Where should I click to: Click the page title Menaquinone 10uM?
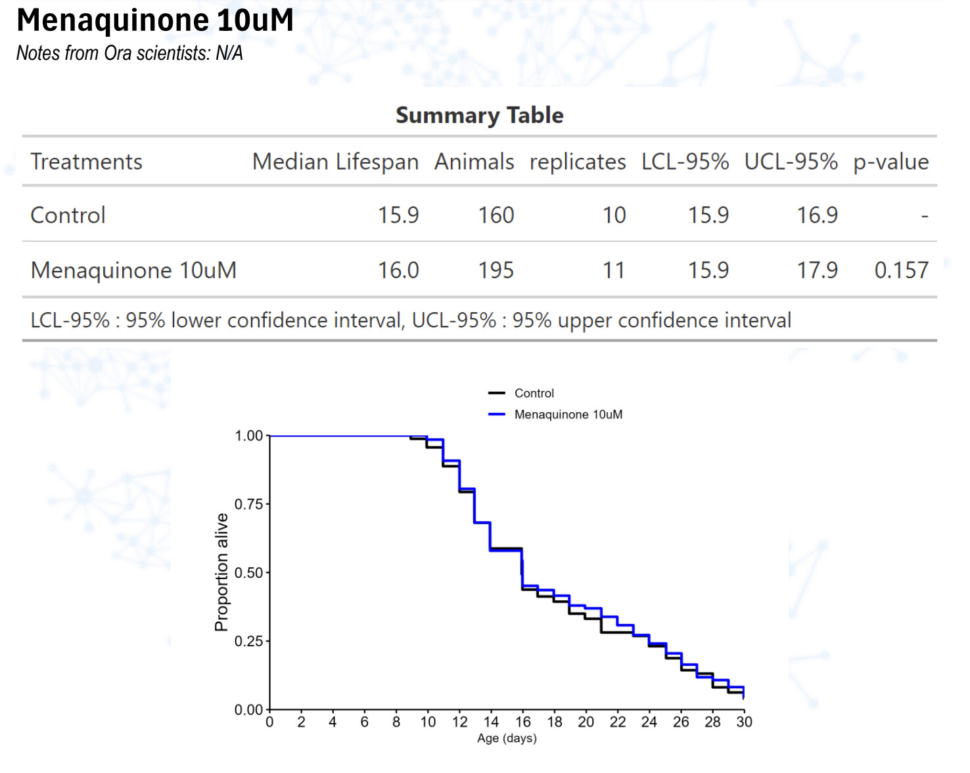pos(155,20)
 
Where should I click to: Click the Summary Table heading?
pos(479,115)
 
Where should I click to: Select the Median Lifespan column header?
pos(335,162)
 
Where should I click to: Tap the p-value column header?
pos(890,162)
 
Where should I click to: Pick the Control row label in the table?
pos(68,215)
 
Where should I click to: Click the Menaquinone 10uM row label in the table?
pos(133,270)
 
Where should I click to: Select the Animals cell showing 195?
pos(496,270)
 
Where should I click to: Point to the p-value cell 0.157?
pos(901,270)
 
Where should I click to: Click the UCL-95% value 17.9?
pos(817,270)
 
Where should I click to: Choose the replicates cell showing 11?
pos(614,270)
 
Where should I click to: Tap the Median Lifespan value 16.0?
pos(398,270)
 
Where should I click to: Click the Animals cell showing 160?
pos(496,215)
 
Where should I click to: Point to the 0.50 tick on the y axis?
pos(248,573)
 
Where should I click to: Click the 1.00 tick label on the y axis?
pos(248,436)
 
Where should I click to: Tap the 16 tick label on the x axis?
pos(522,722)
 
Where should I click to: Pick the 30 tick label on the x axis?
pos(744,722)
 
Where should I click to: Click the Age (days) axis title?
pos(507,738)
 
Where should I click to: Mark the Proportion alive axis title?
pos(221,572)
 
